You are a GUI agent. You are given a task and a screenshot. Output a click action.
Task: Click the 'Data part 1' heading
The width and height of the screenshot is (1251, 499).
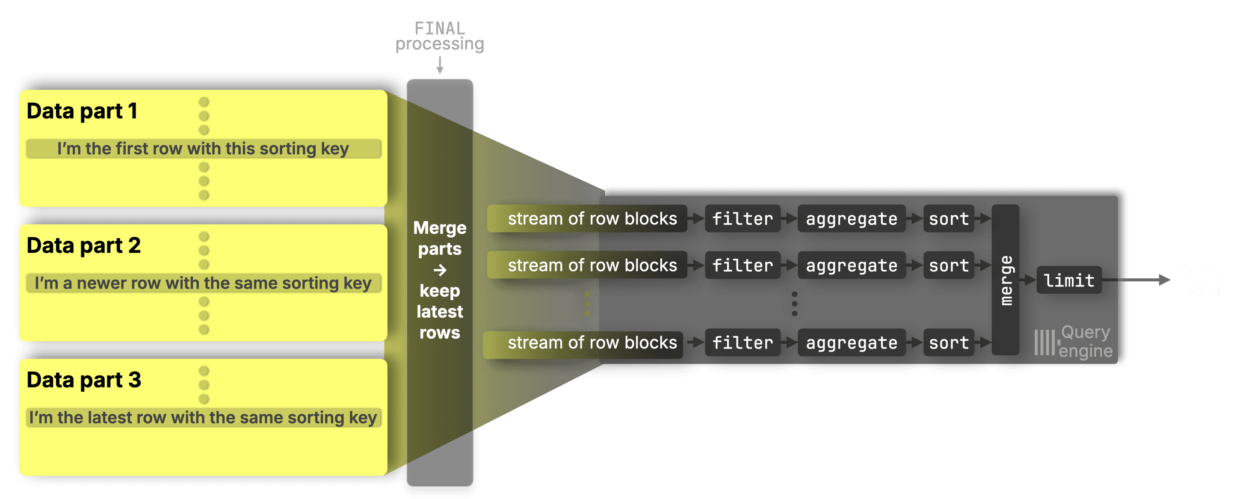click(x=82, y=111)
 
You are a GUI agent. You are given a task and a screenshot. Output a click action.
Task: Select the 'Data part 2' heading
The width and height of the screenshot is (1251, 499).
click(x=83, y=245)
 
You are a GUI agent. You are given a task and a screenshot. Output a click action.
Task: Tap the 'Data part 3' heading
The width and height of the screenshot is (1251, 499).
click(x=83, y=380)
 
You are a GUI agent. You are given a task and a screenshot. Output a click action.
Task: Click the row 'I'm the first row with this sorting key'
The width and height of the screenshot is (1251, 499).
click(x=203, y=148)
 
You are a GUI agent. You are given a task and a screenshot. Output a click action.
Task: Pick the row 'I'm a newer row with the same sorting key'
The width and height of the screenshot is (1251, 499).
click(x=203, y=283)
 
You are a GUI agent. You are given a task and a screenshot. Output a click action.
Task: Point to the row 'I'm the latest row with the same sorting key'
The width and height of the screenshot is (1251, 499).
click(x=203, y=417)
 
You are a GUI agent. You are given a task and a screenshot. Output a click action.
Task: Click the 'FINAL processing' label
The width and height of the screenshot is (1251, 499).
click(x=440, y=36)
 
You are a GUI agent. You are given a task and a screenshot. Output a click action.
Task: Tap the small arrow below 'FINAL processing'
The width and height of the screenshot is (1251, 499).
click(x=440, y=65)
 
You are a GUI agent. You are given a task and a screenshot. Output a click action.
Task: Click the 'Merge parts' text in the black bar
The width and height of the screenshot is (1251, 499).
click(x=440, y=238)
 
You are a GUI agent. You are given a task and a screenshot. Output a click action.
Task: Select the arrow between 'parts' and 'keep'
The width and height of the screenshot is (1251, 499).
click(x=440, y=270)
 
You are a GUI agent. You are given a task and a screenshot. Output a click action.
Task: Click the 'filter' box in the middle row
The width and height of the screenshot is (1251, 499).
click(x=742, y=265)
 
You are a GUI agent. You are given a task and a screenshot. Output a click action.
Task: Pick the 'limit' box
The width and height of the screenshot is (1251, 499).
click(x=1069, y=280)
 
